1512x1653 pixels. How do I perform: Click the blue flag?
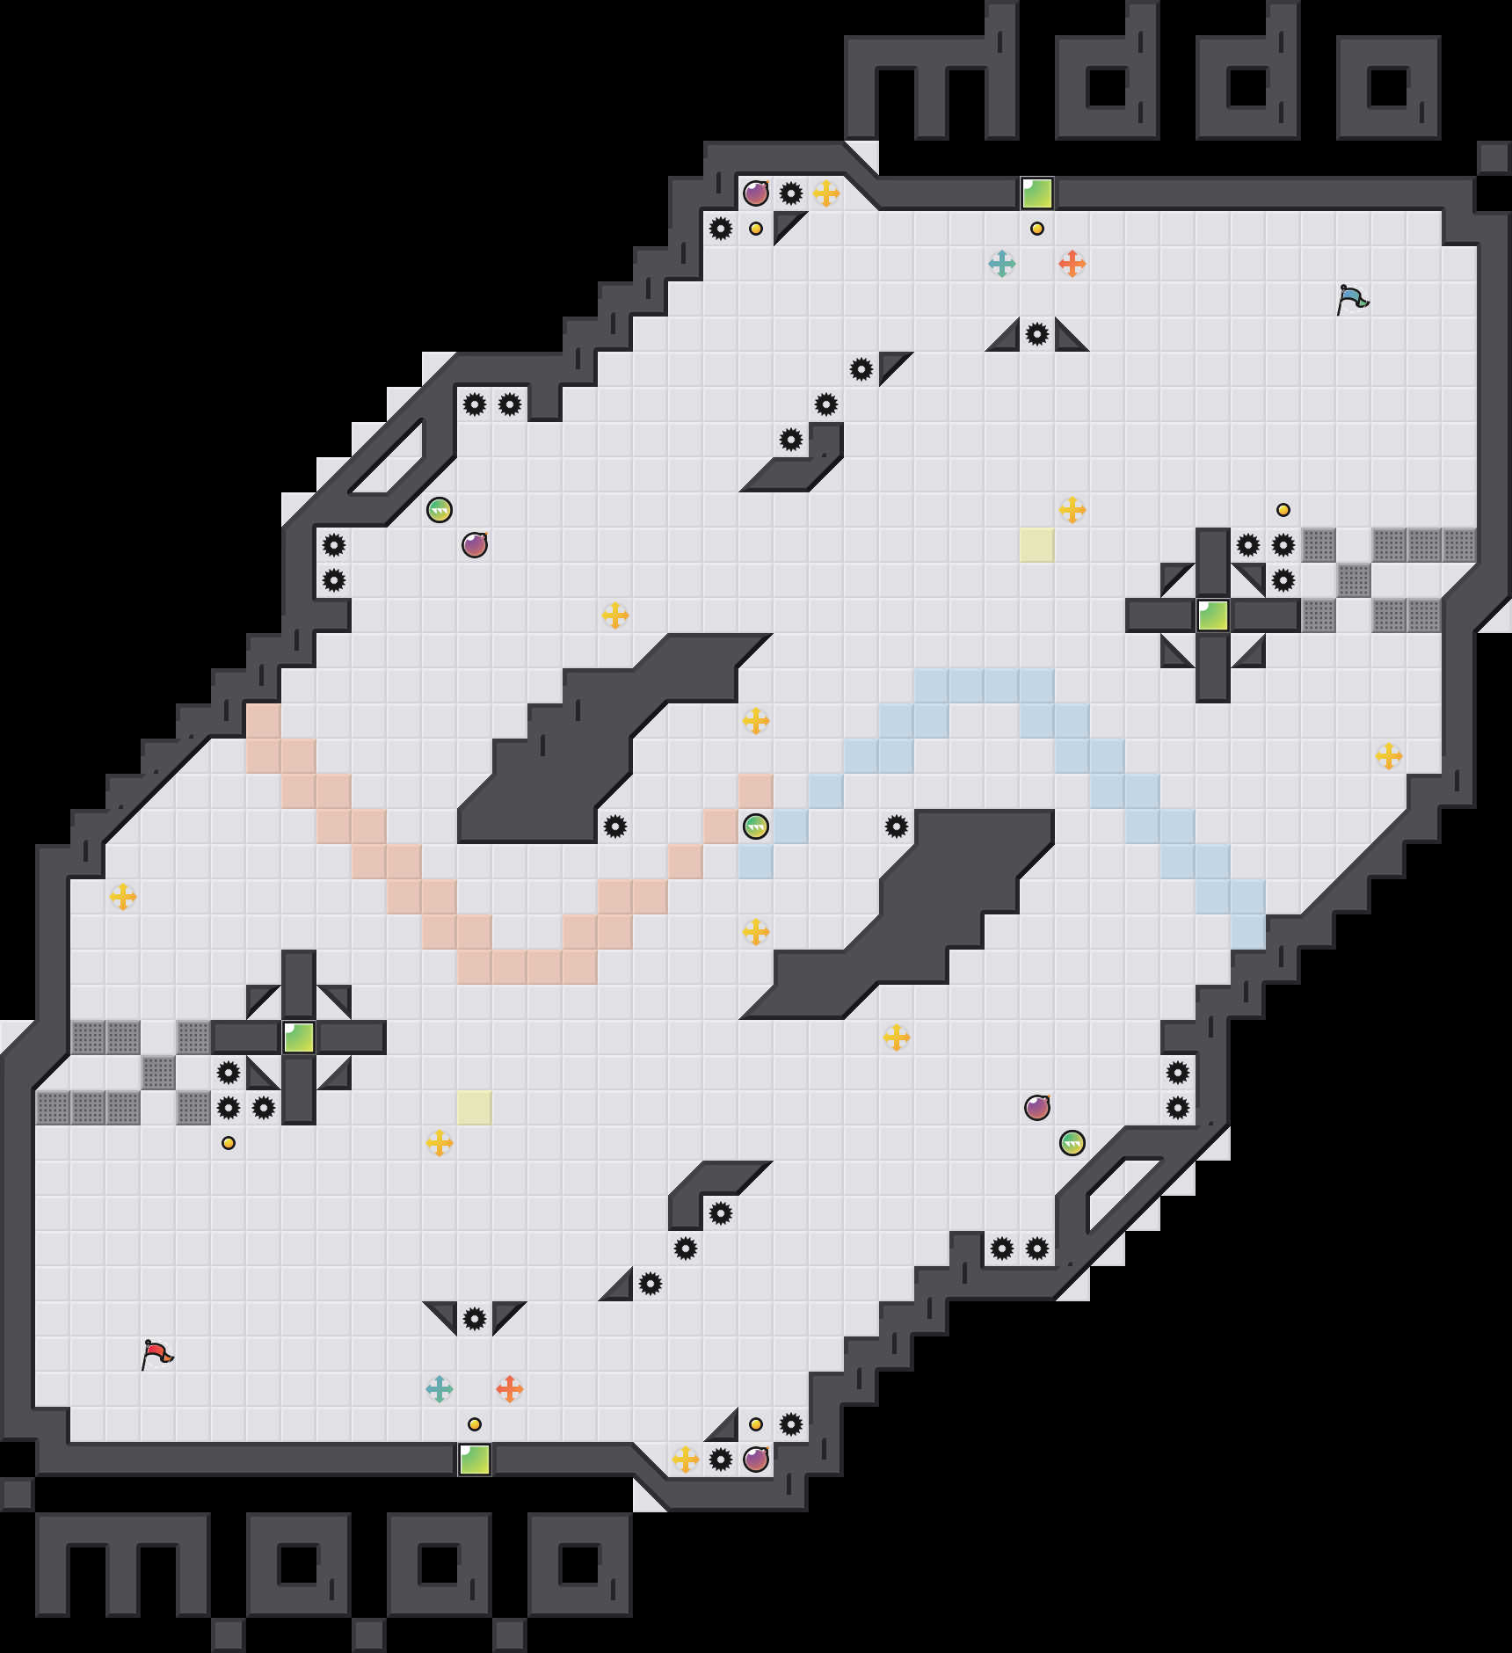pyautogui.click(x=1352, y=299)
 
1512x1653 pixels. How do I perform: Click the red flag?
pyautogui.click(x=156, y=1354)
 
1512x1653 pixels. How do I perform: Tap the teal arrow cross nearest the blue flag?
pyautogui.click(x=1001, y=263)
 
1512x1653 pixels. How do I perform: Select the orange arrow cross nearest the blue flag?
pyautogui.click(x=1072, y=263)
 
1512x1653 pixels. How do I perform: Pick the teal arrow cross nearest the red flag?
pyautogui.click(x=439, y=1388)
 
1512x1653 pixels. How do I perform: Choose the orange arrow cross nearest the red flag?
pyautogui.click(x=509, y=1388)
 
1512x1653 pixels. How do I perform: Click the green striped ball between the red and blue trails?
pyautogui.click(x=756, y=826)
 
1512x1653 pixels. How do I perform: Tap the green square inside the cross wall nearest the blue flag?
pyautogui.click(x=1213, y=615)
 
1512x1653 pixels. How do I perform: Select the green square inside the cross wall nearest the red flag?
pyautogui.click(x=299, y=1038)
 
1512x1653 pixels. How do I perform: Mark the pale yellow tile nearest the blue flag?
pyautogui.click(x=1037, y=545)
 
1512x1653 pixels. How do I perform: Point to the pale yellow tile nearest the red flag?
pyautogui.click(x=475, y=1108)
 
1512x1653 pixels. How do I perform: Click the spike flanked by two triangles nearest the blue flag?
pyautogui.click(x=1037, y=334)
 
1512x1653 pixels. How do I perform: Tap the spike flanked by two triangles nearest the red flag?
pyautogui.click(x=475, y=1319)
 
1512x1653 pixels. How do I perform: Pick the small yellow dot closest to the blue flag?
pyautogui.click(x=1283, y=510)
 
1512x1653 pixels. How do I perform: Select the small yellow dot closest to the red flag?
pyautogui.click(x=229, y=1143)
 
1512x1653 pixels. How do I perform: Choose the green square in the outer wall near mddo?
pyautogui.click(x=1037, y=193)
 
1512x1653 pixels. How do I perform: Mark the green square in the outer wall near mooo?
pyautogui.click(x=475, y=1460)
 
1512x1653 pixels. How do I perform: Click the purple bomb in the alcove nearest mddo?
pyautogui.click(x=756, y=193)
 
